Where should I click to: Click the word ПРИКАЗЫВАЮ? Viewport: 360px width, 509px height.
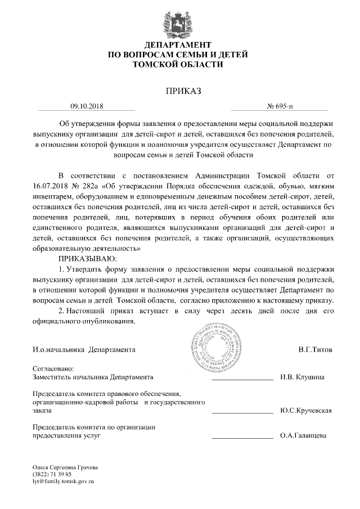(x=87, y=258)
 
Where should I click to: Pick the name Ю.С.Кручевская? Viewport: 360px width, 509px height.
(x=305, y=411)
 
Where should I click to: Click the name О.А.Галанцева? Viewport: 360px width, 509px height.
(x=303, y=436)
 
